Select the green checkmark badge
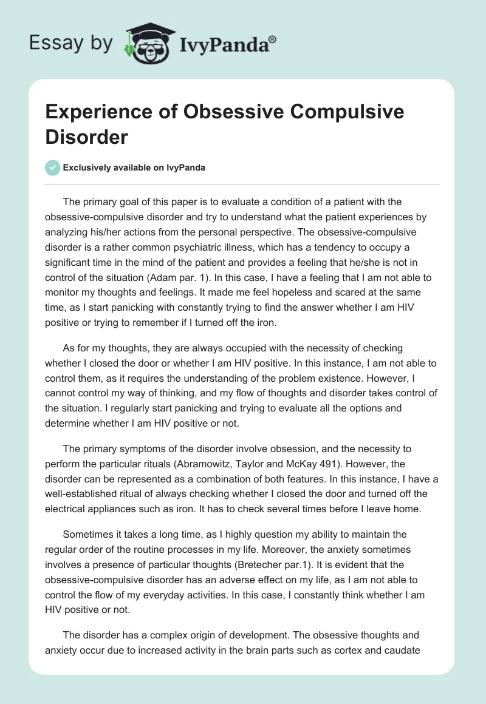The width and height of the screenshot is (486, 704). (x=53, y=168)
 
